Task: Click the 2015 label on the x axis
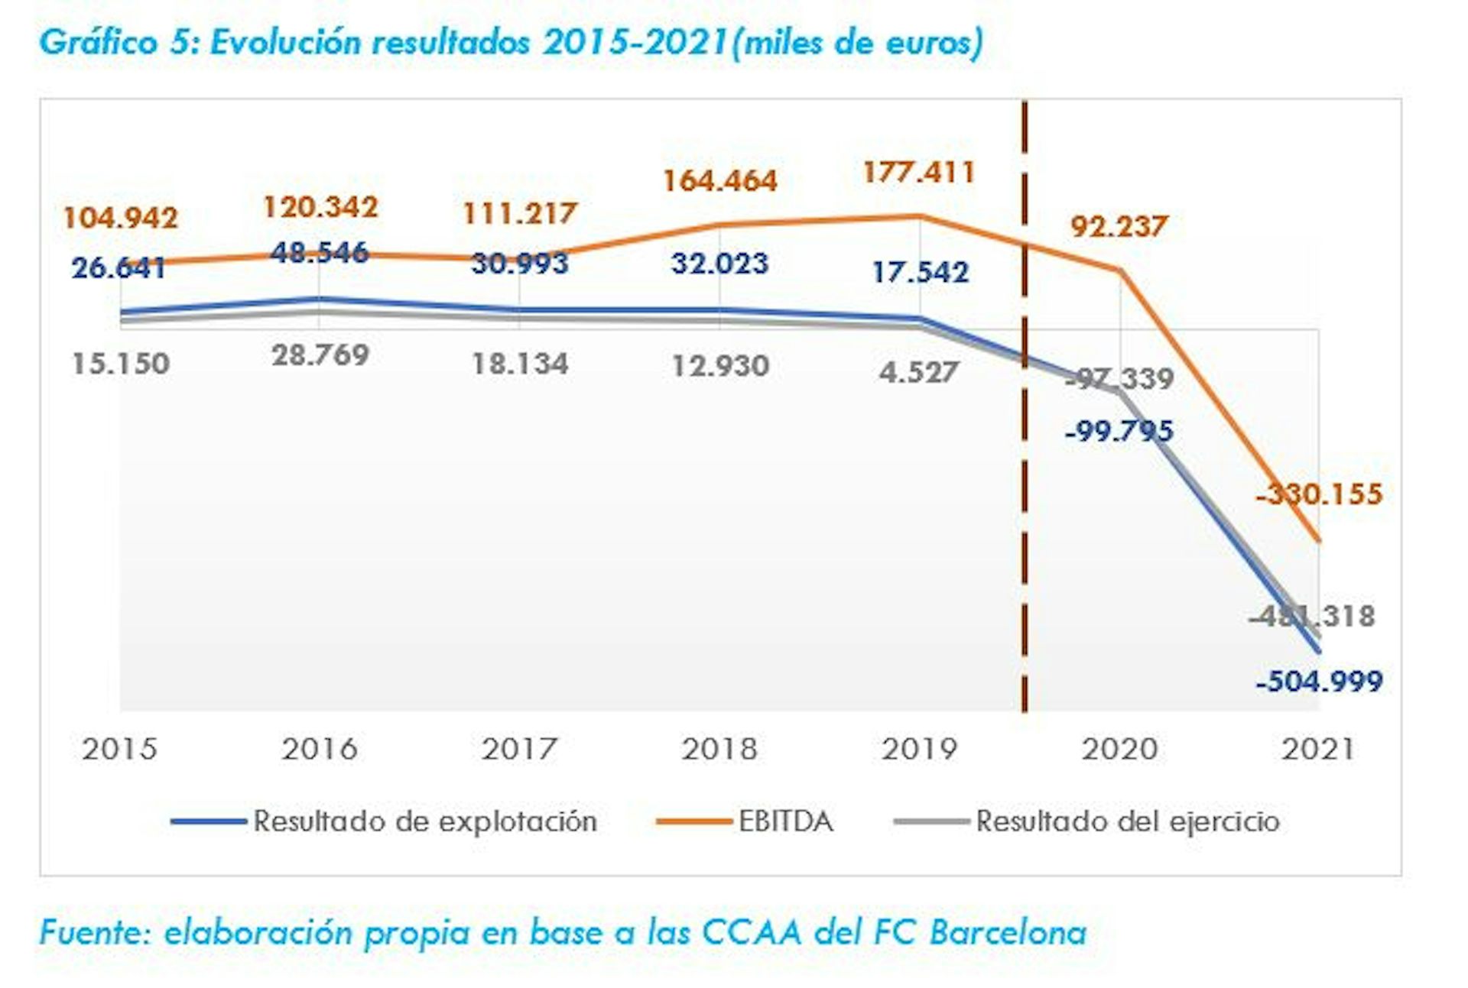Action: [x=119, y=749]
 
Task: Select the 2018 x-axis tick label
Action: [x=719, y=749]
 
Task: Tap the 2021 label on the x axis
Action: [x=1318, y=749]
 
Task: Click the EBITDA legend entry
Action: [x=785, y=821]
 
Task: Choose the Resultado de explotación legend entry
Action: [x=424, y=821]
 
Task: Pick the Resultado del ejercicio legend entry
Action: [x=1128, y=821]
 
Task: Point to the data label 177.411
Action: [x=919, y=173]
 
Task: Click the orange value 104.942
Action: [x=120, y=218]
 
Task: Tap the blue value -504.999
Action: [x=1319, y=681]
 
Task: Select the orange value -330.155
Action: [x=1319, y=494]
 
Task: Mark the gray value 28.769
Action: [x=320, y=355]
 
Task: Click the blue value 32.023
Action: [x=719, y=264]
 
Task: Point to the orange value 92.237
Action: [x=1119, y=226]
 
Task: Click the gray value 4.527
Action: [x=919, y=373]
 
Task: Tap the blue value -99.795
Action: [x=1119, y=432]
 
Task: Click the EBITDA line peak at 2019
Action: [x=920, y=216]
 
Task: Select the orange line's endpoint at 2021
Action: [x=1319, y=542]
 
